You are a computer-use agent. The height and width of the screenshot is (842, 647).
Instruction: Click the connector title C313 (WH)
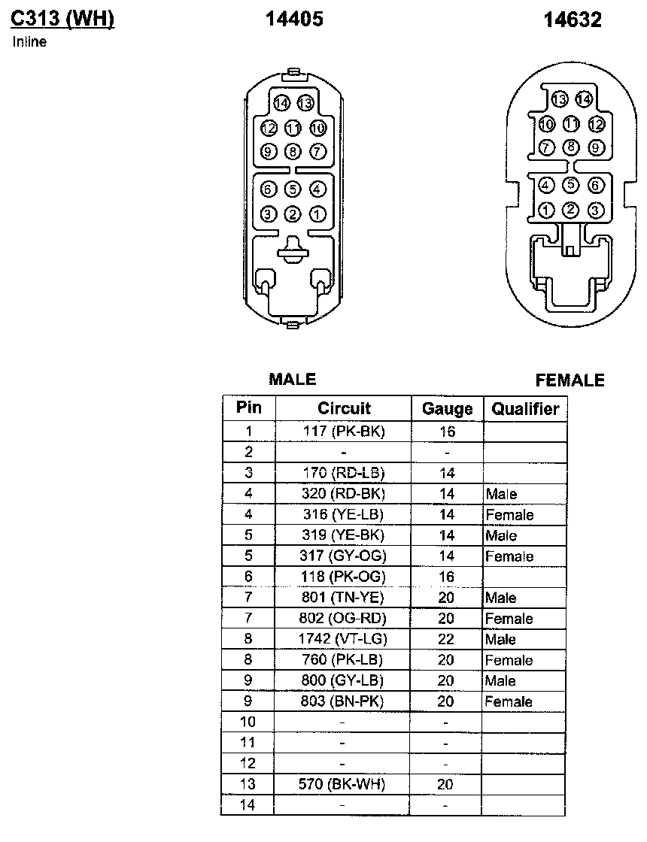tap(62, 20)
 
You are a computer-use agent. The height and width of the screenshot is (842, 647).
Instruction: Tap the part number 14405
tap(294, 20)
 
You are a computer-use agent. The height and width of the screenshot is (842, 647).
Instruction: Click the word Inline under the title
tap(29, 42)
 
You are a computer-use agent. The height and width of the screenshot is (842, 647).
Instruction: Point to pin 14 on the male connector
tap(282, 102)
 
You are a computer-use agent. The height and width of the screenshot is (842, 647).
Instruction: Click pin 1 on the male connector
tap(317, 215)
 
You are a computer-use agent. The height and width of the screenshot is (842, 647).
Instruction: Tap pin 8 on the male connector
tap(293, 153)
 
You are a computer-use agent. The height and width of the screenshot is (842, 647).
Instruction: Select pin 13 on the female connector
tap(559, 98)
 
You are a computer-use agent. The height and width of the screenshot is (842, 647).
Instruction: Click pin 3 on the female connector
tap(596, 210)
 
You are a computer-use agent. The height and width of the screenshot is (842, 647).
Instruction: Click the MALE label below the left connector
tap(292, 380)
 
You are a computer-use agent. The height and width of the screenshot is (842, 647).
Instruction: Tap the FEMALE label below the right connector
tap(570, 380)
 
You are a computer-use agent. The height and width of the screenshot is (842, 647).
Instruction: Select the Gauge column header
tap(447, 409)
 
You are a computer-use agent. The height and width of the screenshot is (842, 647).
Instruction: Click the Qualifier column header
tap(525, 409)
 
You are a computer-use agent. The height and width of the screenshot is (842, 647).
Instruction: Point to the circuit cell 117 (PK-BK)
tap(344, 432)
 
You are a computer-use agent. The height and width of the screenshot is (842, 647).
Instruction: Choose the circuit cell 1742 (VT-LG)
tap(344, 639)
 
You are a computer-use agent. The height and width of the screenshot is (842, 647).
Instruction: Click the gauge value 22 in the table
tap(447, 639)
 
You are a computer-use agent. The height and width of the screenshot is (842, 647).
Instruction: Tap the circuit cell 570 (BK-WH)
tap(344, 784)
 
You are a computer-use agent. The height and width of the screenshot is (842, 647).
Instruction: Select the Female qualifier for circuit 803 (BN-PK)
tap(509, 701)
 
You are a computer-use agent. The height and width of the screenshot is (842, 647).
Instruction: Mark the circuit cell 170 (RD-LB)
tap(344, 473)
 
